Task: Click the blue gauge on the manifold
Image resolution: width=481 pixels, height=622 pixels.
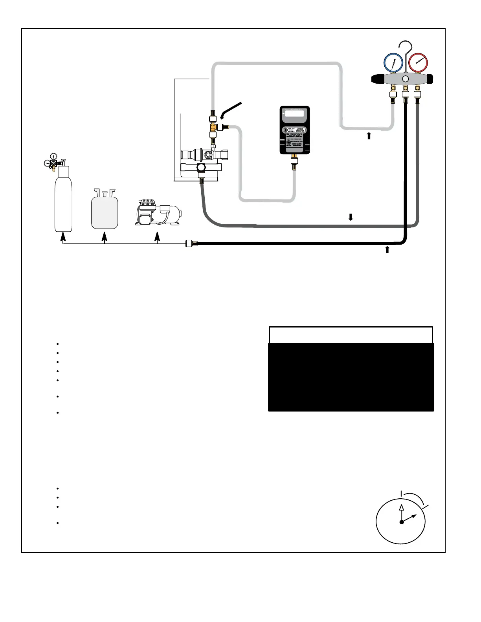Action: click(393, 63)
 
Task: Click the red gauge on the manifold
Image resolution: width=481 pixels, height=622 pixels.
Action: click(418, 63)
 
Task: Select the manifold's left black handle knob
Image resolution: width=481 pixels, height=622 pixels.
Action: click(378, 79)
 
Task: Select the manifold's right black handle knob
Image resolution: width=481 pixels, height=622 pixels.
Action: click(430, 79)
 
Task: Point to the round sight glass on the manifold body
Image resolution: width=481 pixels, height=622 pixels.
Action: click(406, 79)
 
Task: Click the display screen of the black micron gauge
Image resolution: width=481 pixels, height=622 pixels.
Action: click(294, 114)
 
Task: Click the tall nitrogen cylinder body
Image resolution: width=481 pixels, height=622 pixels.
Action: click(63, 204)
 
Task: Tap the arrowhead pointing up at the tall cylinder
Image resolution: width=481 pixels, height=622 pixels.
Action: click(62, 236)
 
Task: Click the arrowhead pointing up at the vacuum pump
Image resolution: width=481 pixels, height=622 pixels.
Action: click(157, 236)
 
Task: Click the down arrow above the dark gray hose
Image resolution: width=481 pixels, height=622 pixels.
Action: click(351, 217)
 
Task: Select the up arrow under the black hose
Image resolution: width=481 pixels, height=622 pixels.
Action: click(387, 249)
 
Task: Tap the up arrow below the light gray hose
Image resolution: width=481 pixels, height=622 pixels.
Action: click(369, 136)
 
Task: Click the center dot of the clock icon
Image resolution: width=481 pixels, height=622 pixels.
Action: click(402, 522)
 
